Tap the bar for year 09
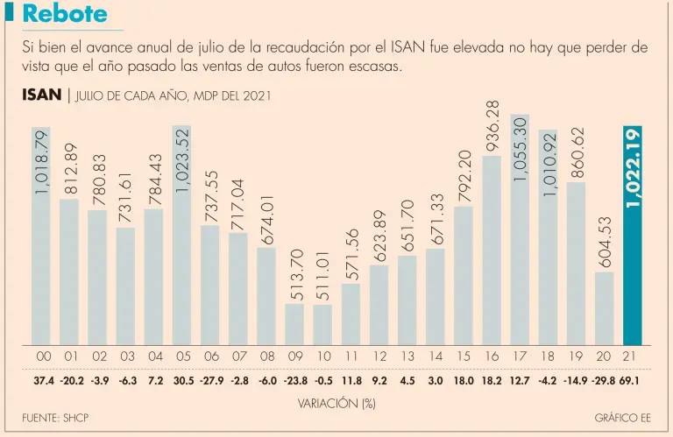294,323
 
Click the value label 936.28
492,127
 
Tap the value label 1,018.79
42,163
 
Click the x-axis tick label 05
182,357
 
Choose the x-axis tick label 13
407,357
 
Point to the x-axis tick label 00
42,357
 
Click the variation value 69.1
631,382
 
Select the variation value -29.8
602,382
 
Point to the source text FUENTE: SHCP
55,419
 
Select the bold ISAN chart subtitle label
41,95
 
